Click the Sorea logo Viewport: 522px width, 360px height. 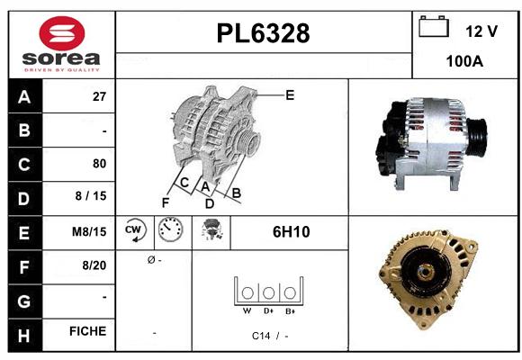click(61, 43)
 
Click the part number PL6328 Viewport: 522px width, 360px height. click(264, 34)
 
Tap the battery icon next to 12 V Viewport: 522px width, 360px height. click(434, 27)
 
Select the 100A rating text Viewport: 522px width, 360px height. click(464, 61)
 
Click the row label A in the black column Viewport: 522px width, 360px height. click(23, 97)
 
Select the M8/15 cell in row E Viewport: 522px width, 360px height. click(90, 231)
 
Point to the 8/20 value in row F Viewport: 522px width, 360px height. click(94, 265)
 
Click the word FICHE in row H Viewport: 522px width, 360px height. click(88, 331)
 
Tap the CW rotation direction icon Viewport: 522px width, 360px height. click(134, 231)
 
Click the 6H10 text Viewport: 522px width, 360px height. click(291, 231)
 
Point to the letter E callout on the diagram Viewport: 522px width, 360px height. click(289, 94)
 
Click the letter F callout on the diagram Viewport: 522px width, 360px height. click(166, 202)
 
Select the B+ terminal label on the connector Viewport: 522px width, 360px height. click(290, 311)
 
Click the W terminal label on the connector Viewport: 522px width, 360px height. click(246, 311)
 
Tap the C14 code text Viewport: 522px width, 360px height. click(262, 335)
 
